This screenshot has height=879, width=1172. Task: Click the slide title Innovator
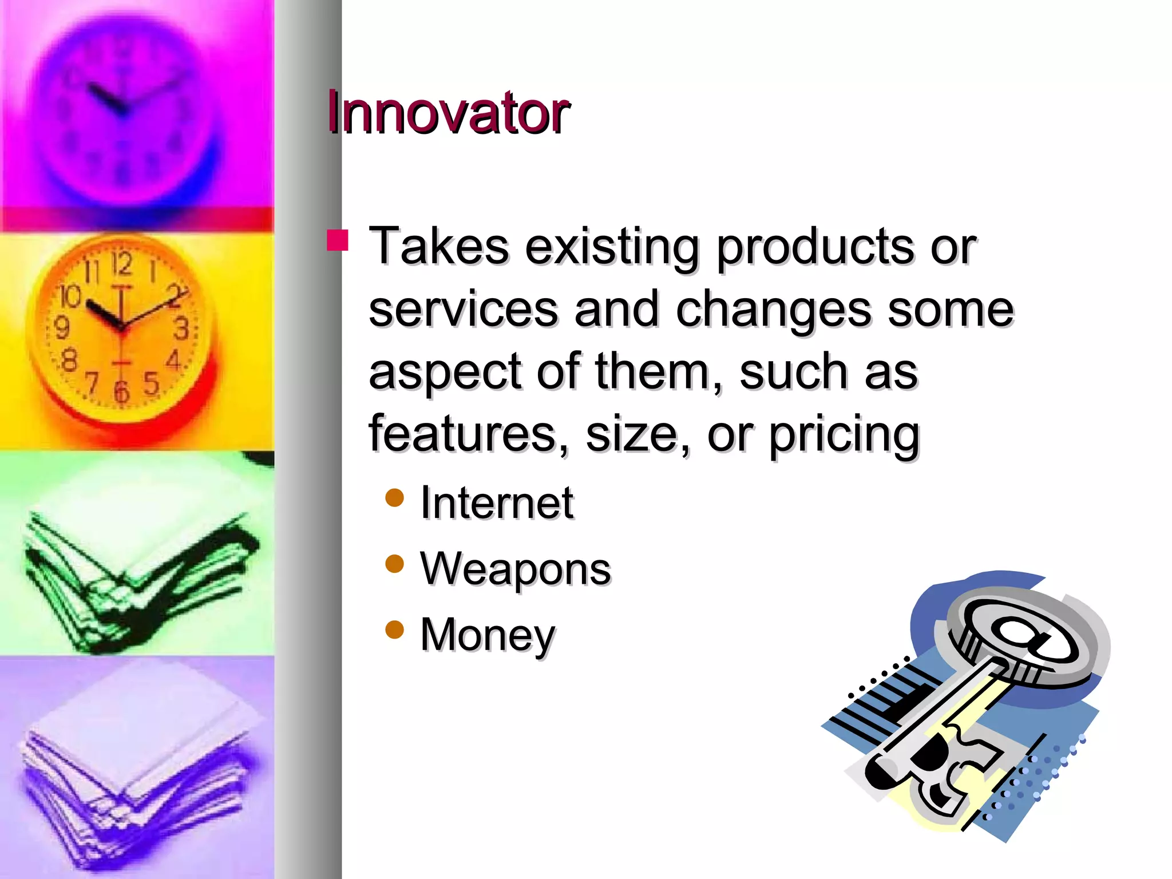pyautogui.click(x=448, y=113)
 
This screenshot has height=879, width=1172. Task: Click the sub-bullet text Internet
pyautogui.click(x=496, y=502)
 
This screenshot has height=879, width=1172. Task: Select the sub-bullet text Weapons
pyautogui.click(x=515, y=569)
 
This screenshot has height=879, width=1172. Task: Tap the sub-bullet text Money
pyautogui.click(x=488, y=635)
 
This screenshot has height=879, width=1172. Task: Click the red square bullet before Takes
pyautogui.click(x=338, y=240)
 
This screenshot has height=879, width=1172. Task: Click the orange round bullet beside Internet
pyautogui.click(x=395, y=498)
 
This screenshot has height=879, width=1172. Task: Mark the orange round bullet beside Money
pyautogui.click(x=395, y=630)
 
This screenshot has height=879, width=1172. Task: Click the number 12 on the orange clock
pyautogui.click(x=122, y=264)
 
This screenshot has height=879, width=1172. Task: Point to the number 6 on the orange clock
pyautogui.click(x=121, y=391)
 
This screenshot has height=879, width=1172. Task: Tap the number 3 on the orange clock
pyautogui.click(x=182, y=328)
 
